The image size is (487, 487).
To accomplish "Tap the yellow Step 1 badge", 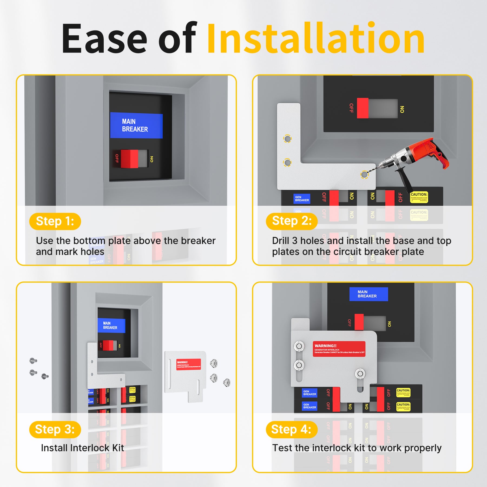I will click(55, 221).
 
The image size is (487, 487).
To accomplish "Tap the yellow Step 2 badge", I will click(291, 221).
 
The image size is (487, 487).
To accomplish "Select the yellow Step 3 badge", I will click(55, 429).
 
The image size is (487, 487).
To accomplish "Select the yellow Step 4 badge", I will click(291, 429).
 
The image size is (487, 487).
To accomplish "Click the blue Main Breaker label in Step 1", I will click(136, 126).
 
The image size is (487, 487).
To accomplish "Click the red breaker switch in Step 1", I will click(129, 159).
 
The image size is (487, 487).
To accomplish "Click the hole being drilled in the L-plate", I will click(364, 175).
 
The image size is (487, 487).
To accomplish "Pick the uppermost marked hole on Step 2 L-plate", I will click(287, 139).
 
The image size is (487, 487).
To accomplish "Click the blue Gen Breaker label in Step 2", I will click(302, 199).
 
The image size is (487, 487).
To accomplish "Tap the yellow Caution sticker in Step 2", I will click(419, 197).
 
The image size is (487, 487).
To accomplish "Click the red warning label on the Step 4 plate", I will click(339, 349).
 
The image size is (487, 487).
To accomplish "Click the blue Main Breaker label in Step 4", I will click(368, 294).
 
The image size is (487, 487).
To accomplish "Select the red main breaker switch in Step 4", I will click(359, 322).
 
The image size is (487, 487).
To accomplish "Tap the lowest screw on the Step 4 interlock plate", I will click(360, 374).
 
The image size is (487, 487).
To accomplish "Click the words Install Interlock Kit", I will click(83, 448).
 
